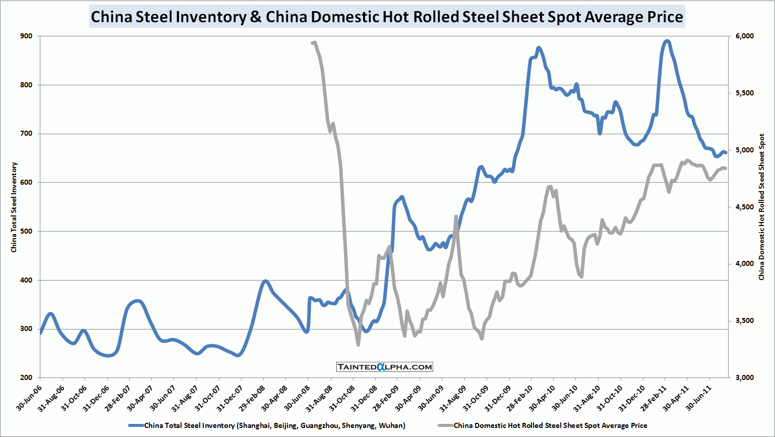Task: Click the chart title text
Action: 387,17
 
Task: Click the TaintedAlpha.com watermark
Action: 385,367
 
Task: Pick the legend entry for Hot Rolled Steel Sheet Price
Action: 550,425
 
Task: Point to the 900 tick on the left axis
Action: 26,36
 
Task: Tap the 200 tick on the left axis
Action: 26,377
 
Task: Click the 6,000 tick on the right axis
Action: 745,36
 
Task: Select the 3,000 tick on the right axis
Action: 745,377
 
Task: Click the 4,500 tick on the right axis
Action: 745,207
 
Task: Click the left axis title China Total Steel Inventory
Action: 14,207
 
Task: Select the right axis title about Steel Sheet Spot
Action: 761,207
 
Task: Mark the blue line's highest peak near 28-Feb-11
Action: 667,41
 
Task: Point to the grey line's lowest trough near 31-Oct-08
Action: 358,345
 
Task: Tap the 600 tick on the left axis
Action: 26,183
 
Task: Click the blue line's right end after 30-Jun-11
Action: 725,152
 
